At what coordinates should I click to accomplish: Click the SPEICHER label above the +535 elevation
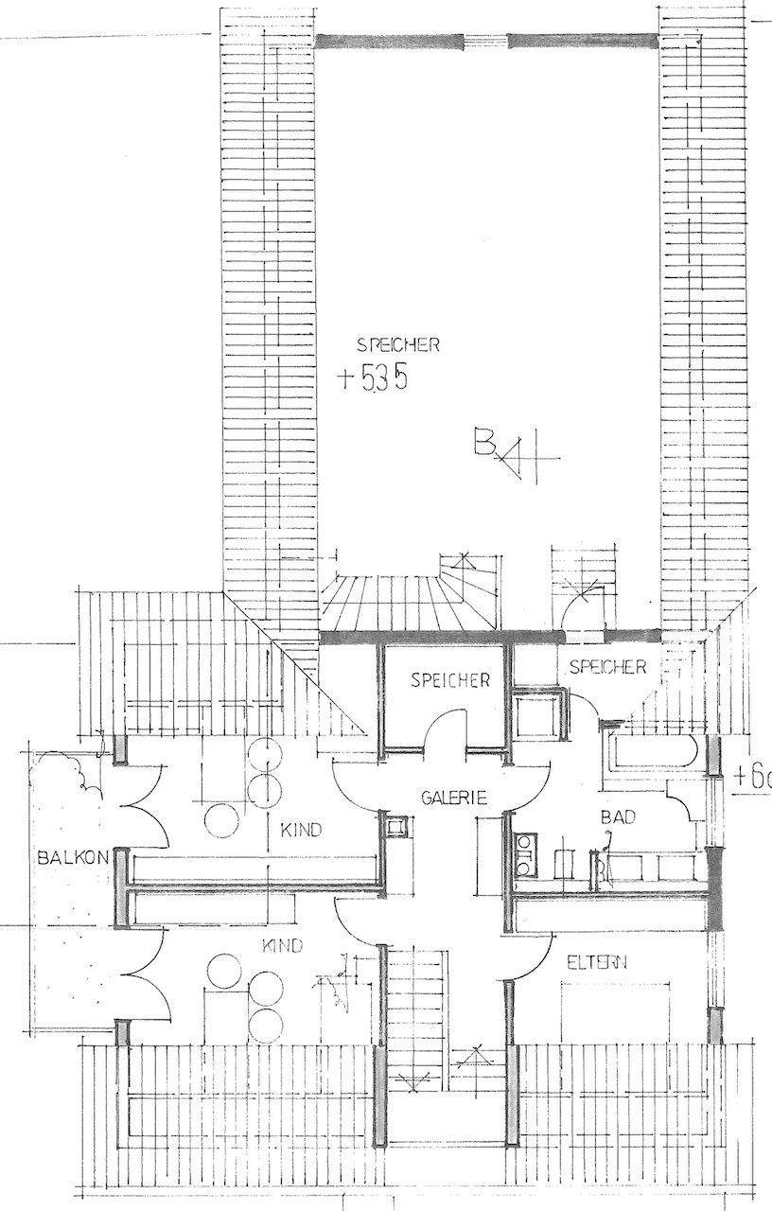[397, 345]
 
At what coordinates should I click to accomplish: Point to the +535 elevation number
[375, 378]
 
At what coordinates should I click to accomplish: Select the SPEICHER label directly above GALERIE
[449, 679]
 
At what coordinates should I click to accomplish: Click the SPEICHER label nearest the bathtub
[607, 667]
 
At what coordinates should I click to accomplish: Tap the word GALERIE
[454, 799]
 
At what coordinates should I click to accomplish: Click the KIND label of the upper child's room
[302, 831]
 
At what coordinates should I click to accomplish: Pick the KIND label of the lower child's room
[282, 945]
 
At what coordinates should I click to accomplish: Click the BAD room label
[617, 816]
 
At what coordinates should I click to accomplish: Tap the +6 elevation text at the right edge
[753, 778]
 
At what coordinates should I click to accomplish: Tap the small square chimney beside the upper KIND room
[395, 827]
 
